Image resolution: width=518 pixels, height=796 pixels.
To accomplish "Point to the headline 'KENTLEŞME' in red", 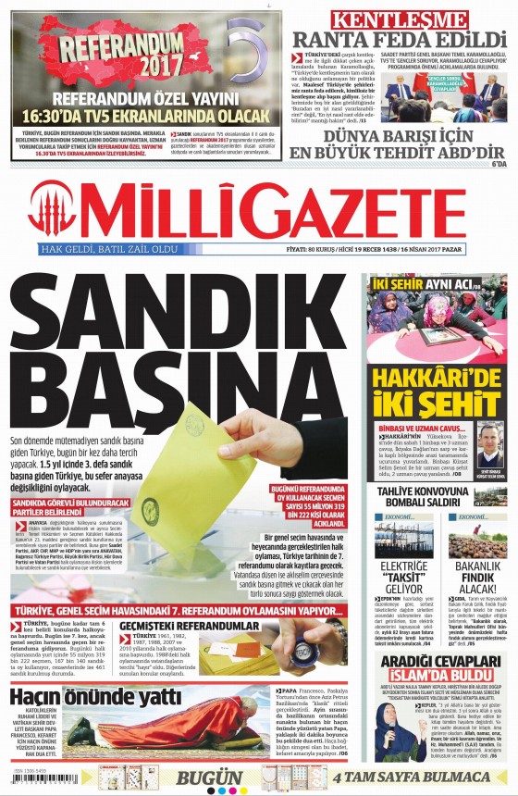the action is click(x=400, y=18).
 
